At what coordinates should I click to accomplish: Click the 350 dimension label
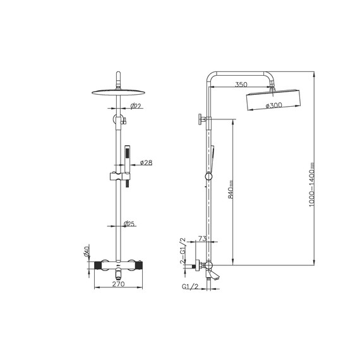tap(241, 85)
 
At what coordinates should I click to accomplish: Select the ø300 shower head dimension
tap(274, 105)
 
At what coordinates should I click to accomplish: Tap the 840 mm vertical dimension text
tap(231, 189)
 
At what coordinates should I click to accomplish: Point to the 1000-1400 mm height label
tap(311, 185)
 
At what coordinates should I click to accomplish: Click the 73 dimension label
tap(202, 239)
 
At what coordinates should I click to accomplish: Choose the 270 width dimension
tap(118, 284)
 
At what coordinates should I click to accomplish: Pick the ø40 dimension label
tap(87, 251)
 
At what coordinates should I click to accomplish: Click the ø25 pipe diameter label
tap(129, 224)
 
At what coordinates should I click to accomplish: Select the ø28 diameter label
tap(147, 162)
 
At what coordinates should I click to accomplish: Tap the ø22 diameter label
tap(135, 106)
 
